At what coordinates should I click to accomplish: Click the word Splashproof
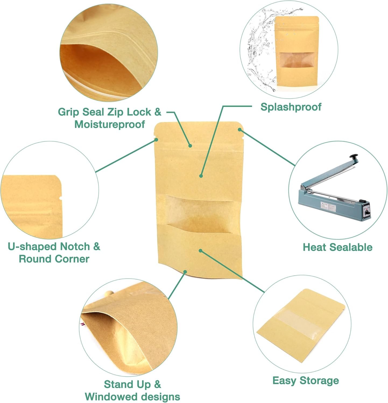(x=291, y=107)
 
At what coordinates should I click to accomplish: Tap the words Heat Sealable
(x=338, y=247)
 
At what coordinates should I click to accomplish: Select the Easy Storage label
(x=306, y=380)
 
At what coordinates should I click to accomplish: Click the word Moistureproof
(x=110, y=124)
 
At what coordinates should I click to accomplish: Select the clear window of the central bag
(x=198, y=213)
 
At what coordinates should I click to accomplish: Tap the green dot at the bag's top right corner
(x=239, y=129)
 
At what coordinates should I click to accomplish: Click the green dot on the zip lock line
(x=190, y=146)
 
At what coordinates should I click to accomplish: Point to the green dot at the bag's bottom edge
(x=185, y=272)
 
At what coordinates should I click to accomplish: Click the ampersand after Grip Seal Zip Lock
(x=158, y=112)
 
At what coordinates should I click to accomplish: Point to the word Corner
(x=72, y=259)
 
